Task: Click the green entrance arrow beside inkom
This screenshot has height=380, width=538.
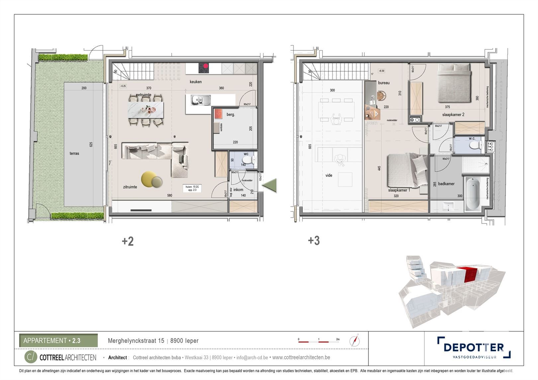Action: [270, 185]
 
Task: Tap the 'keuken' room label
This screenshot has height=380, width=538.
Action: [196, 82]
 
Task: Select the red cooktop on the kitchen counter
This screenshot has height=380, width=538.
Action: [204, 68]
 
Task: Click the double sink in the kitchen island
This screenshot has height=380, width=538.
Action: [200, 99]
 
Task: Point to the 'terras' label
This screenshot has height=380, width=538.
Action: [74, 153]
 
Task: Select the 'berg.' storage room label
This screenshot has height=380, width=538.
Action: [230, 114]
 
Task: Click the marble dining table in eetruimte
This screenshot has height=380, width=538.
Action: [146, 110]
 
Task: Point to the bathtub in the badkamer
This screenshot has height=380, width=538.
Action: [472, 194]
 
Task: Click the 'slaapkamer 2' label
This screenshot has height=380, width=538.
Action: [453, 114]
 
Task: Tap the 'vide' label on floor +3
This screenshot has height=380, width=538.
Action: [329, 175]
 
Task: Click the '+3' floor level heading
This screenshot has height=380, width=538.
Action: [314, 241]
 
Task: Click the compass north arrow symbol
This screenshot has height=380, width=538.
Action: [355, 341]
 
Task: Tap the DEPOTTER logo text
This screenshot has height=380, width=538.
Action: [474, 347]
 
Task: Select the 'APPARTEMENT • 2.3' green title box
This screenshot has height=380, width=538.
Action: [58, 341]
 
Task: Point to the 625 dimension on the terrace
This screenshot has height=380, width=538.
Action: [91, 144]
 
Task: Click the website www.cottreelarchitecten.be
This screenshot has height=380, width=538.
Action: [301, 357]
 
